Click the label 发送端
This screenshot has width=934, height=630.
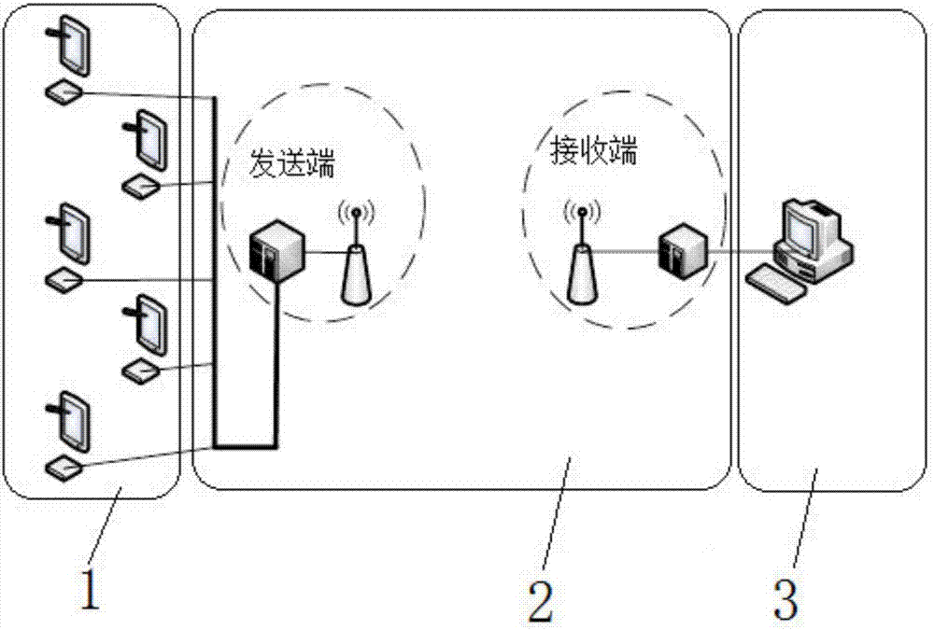click(291, 166)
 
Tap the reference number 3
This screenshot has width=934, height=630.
click(785, 598)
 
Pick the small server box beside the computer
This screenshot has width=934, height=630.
click(680, 250)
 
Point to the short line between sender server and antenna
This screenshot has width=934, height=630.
click(325, 252)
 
